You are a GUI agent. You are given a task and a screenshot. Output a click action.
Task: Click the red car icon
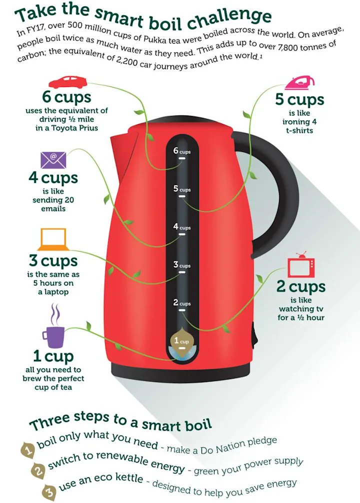67,82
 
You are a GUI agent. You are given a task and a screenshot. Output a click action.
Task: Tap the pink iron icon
299,83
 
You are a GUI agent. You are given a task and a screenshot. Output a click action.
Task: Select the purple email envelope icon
53,160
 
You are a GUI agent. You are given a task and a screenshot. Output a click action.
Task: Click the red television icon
301,266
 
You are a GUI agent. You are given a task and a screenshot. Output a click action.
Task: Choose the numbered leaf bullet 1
28,449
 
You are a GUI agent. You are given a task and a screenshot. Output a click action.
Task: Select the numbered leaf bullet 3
49,492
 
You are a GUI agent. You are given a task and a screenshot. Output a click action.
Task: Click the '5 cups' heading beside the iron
299,100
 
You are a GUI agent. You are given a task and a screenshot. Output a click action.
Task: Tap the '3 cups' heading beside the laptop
53,261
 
